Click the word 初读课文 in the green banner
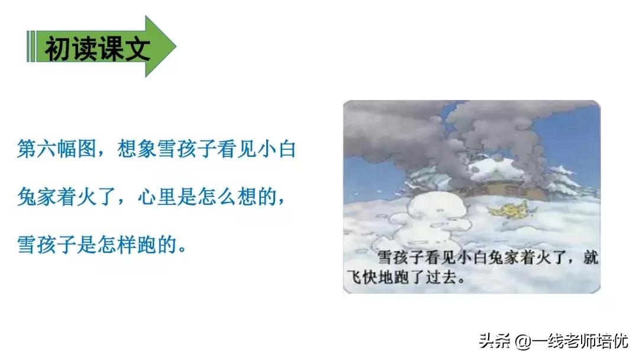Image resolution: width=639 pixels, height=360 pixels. (x=98, y=47)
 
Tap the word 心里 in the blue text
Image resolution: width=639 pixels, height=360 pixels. (x=156, y=197)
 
